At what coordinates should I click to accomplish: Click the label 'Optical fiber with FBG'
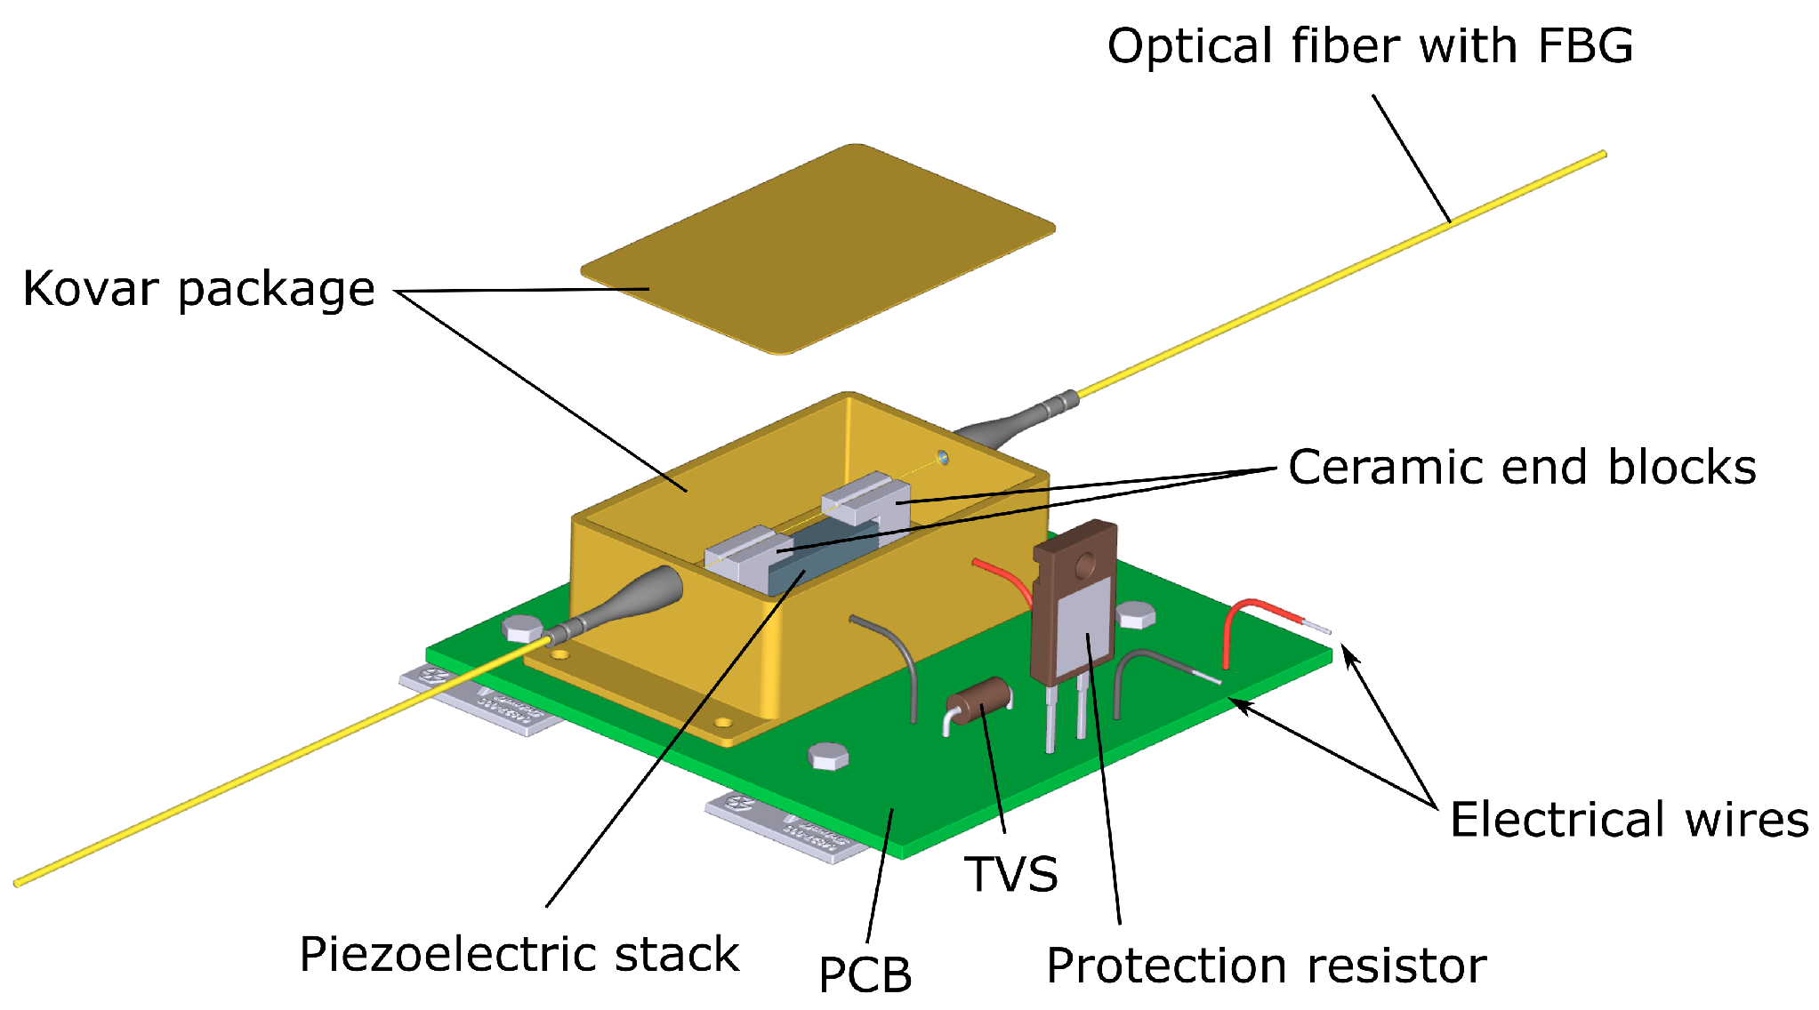click(1370, 46)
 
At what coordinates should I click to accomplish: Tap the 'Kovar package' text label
click(197, 289)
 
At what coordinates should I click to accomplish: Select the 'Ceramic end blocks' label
click(1521, 468)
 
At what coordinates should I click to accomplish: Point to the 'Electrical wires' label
click(1628, 820)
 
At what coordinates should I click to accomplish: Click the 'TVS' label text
click(1011, 874)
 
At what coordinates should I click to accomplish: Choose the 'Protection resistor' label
click(1266, 966)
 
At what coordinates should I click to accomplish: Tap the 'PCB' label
click(865, 974)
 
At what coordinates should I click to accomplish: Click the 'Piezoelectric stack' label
click(519, 955)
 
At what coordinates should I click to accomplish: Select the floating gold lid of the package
click(818, 249)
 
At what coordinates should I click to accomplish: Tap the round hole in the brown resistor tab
click(1085, 564)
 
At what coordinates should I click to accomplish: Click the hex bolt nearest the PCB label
click(828, 757)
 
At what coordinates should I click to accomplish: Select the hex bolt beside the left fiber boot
click(522, 629)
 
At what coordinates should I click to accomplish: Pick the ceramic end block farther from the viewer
click(865, 498)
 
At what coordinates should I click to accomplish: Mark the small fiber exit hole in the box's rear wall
click(943, 459)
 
